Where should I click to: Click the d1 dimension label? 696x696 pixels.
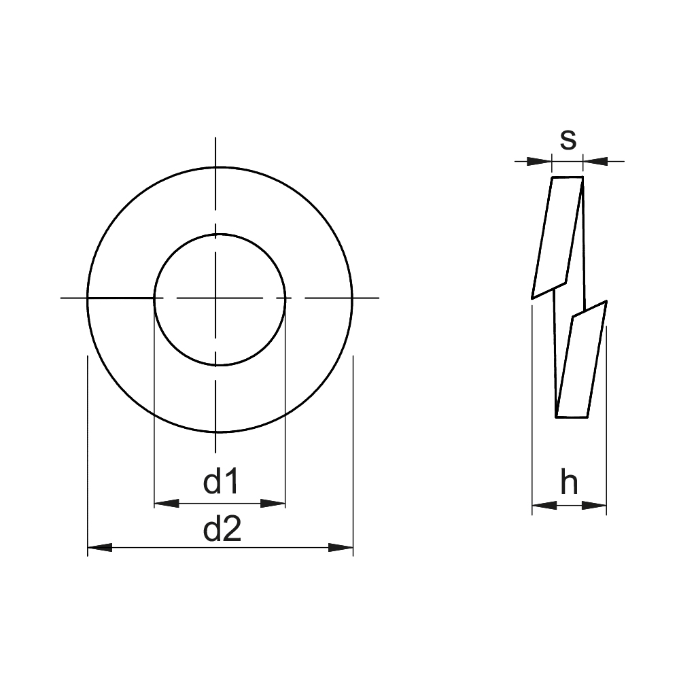222,482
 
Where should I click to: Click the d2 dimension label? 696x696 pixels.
222,529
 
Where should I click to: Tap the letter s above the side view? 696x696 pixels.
568,139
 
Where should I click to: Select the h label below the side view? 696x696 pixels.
569,483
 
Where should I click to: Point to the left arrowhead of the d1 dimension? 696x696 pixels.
166,504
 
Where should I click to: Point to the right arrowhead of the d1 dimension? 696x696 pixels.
273,504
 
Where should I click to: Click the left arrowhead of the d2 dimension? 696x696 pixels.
99,547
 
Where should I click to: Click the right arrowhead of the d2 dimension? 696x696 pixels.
341,547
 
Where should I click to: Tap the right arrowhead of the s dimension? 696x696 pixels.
595,161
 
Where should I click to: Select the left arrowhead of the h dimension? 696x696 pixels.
544,505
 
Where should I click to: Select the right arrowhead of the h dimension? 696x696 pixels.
594,505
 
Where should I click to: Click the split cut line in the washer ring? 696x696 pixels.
120,298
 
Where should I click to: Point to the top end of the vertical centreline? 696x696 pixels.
216,139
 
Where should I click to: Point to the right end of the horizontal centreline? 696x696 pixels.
377,298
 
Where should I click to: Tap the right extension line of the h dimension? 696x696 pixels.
606,421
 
